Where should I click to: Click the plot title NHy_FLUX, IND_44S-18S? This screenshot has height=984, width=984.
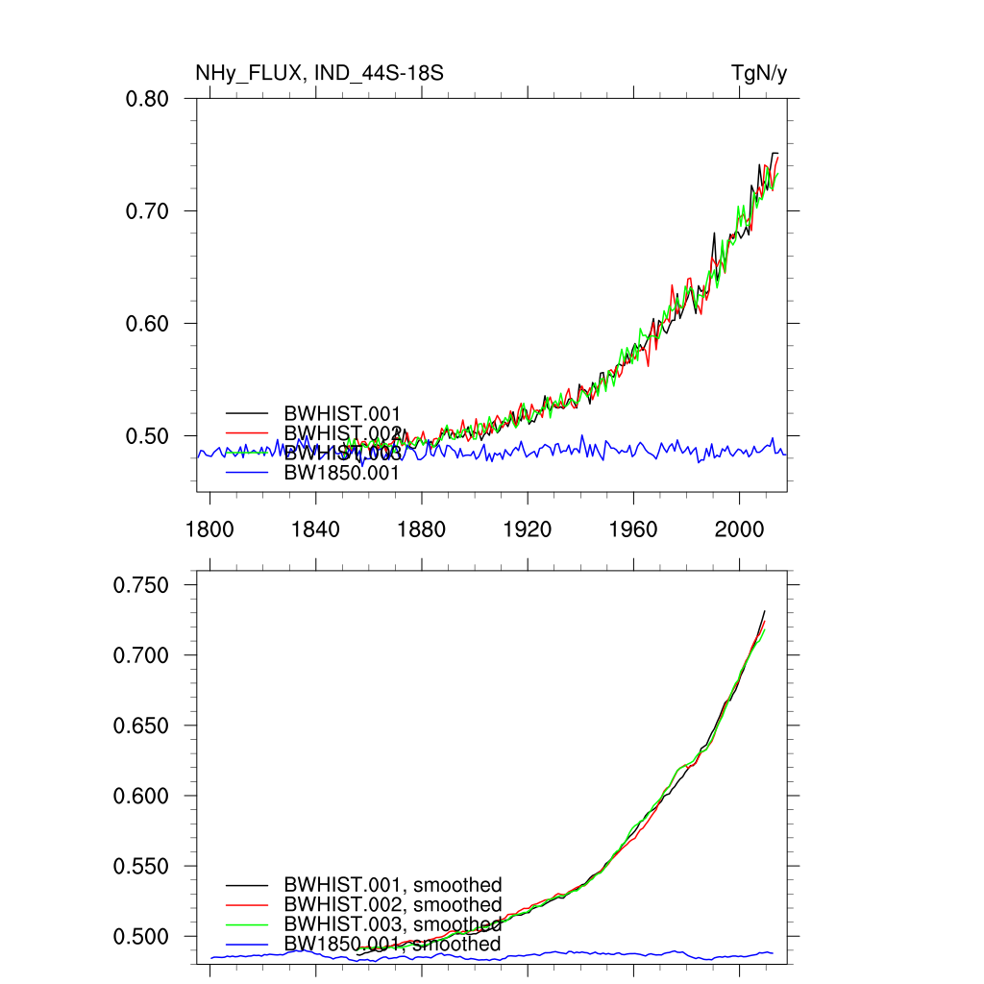point(319,73)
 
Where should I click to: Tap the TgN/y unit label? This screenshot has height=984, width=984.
point(759,73)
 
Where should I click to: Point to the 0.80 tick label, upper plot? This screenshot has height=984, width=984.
point(147,99)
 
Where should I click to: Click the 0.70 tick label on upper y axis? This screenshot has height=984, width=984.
point(147,211)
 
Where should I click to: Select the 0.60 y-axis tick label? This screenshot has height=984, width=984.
point(147,324)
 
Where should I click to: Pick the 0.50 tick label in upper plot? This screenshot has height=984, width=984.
point(147,436)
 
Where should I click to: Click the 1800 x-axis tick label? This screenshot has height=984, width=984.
point(209,530)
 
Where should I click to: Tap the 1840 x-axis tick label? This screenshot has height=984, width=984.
point(315,530)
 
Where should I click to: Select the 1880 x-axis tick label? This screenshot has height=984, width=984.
point(421,530)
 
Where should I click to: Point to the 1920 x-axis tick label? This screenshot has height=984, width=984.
point(528,530)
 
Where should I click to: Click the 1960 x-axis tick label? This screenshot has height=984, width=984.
point(633,530)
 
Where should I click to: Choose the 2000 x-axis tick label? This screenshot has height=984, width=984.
point(739,530)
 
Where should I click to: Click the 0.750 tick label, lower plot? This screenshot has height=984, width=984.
point(142,585)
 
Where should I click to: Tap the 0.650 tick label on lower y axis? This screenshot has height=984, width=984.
point(142,726)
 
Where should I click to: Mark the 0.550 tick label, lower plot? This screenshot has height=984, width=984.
point(142,866)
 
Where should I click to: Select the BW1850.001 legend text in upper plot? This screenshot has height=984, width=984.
point(341,473)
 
